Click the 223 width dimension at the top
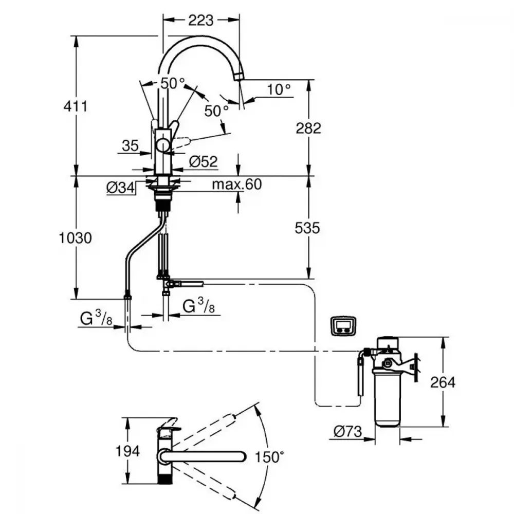coord(200,21)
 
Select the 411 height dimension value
coord(76,106)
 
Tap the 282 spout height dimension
coord(308,128)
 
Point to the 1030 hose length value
coord(76,238)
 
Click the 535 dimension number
coord(307,228)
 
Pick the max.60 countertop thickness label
coord(236,184)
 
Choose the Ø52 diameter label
coord(203,161)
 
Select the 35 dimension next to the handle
coord(130,145)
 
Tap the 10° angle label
coord(279,89)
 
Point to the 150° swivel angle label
coord(269,457)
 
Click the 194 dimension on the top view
coord(127,451)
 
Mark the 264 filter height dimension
coord(443,382)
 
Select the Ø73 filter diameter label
coord(347,432)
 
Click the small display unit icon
coord(343,326)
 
